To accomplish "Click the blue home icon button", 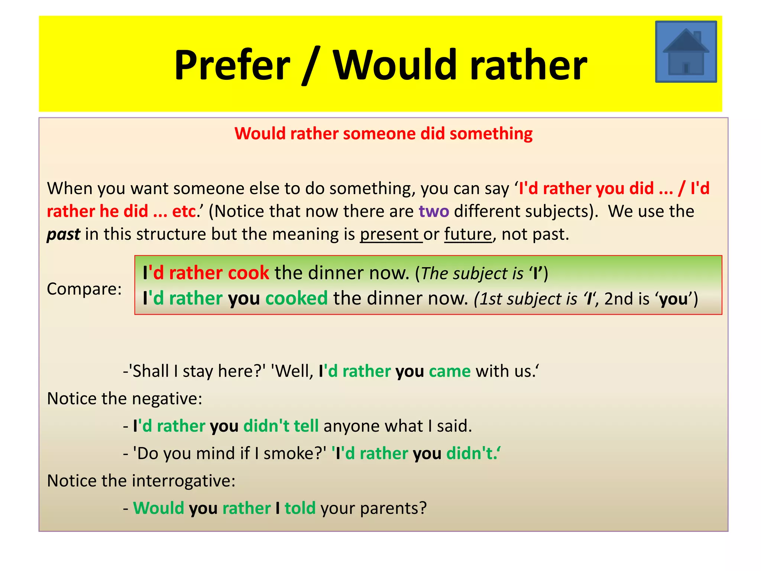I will click(686, 52).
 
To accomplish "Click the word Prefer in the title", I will click(232, 65).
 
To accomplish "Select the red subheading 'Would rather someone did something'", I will click(383, 133).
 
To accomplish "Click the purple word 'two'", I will click(434, 211).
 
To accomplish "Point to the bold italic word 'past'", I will click(63, 235).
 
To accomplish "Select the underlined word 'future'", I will click(468, 234).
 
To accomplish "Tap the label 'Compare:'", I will click(84, 289).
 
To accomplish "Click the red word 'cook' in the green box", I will click(248, 273).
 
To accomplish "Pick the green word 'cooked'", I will click(297, 299).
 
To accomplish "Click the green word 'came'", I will click(450, 371).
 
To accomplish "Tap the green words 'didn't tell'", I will click(281, 426).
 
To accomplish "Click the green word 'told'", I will click(300, 508).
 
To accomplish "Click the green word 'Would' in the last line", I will click(159, 508).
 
